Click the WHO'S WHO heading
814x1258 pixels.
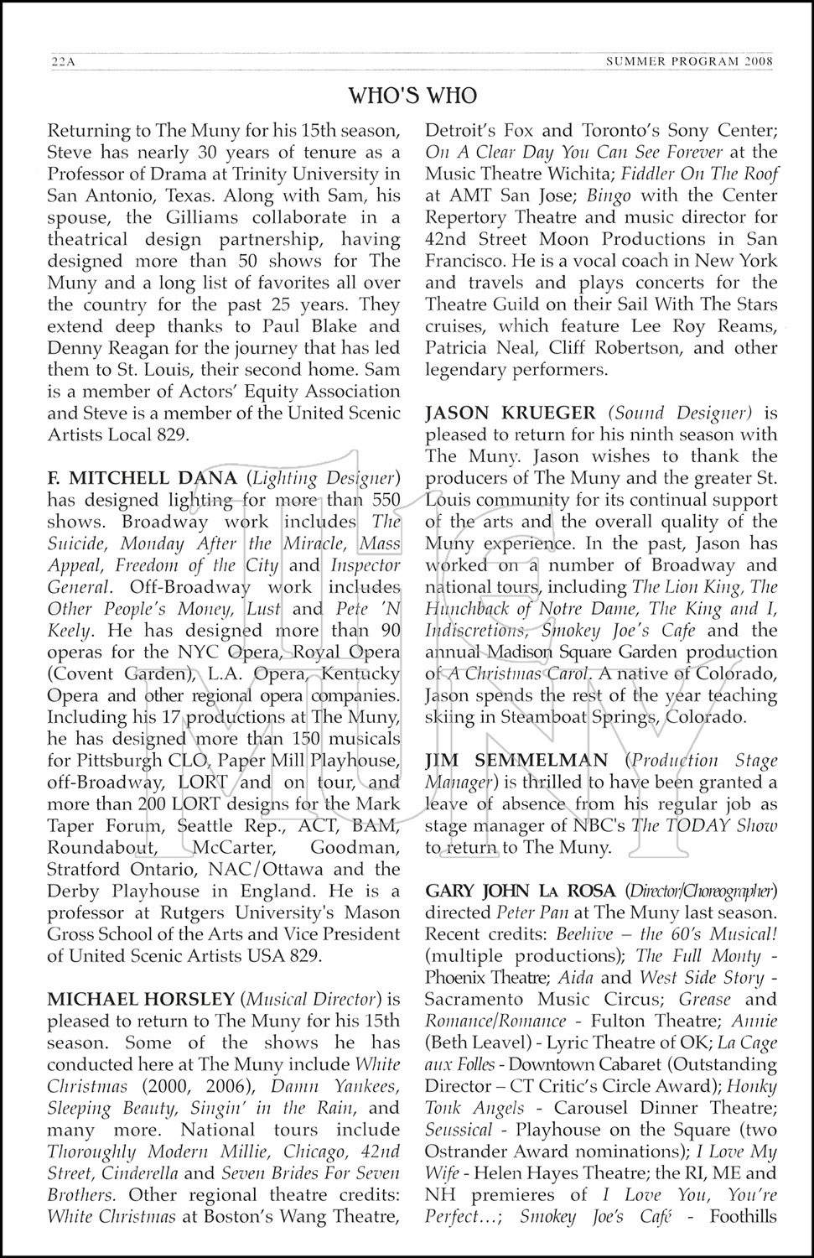[x=412, y=96]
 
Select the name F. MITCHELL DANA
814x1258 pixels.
[x=143, y=479]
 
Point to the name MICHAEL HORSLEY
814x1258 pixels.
[x=141, y=999]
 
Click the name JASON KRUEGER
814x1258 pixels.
[x=511, y=413]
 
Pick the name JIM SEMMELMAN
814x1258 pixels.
[x=517, y=761]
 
